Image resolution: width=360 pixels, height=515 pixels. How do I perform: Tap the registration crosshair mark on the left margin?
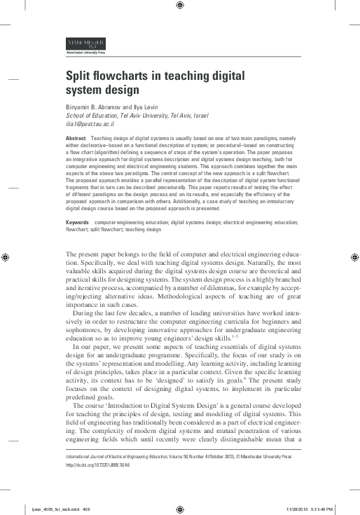[5, 257]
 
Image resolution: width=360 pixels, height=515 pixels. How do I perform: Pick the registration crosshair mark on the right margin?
[354, 257]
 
